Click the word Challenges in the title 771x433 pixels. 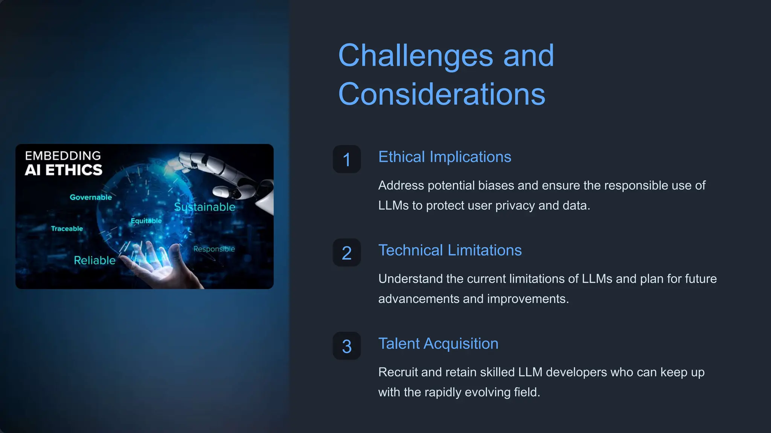point(415,56)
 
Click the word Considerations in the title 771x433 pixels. point(442,94)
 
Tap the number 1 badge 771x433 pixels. point(347,159)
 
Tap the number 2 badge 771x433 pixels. point(347,253)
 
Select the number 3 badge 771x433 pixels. point(347,346)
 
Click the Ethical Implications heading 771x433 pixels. point(445,157)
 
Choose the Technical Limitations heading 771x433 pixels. point(450,250)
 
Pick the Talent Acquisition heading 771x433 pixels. point(438,344)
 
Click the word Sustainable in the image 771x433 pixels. point(205,207)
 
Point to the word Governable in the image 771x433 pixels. point(91,197)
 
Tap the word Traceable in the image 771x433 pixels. point(67,229)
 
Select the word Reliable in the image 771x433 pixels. point(94,260)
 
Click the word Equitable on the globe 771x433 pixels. point(146,221)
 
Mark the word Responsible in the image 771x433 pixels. point(214,249)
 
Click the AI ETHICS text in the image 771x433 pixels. point(64,170)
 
